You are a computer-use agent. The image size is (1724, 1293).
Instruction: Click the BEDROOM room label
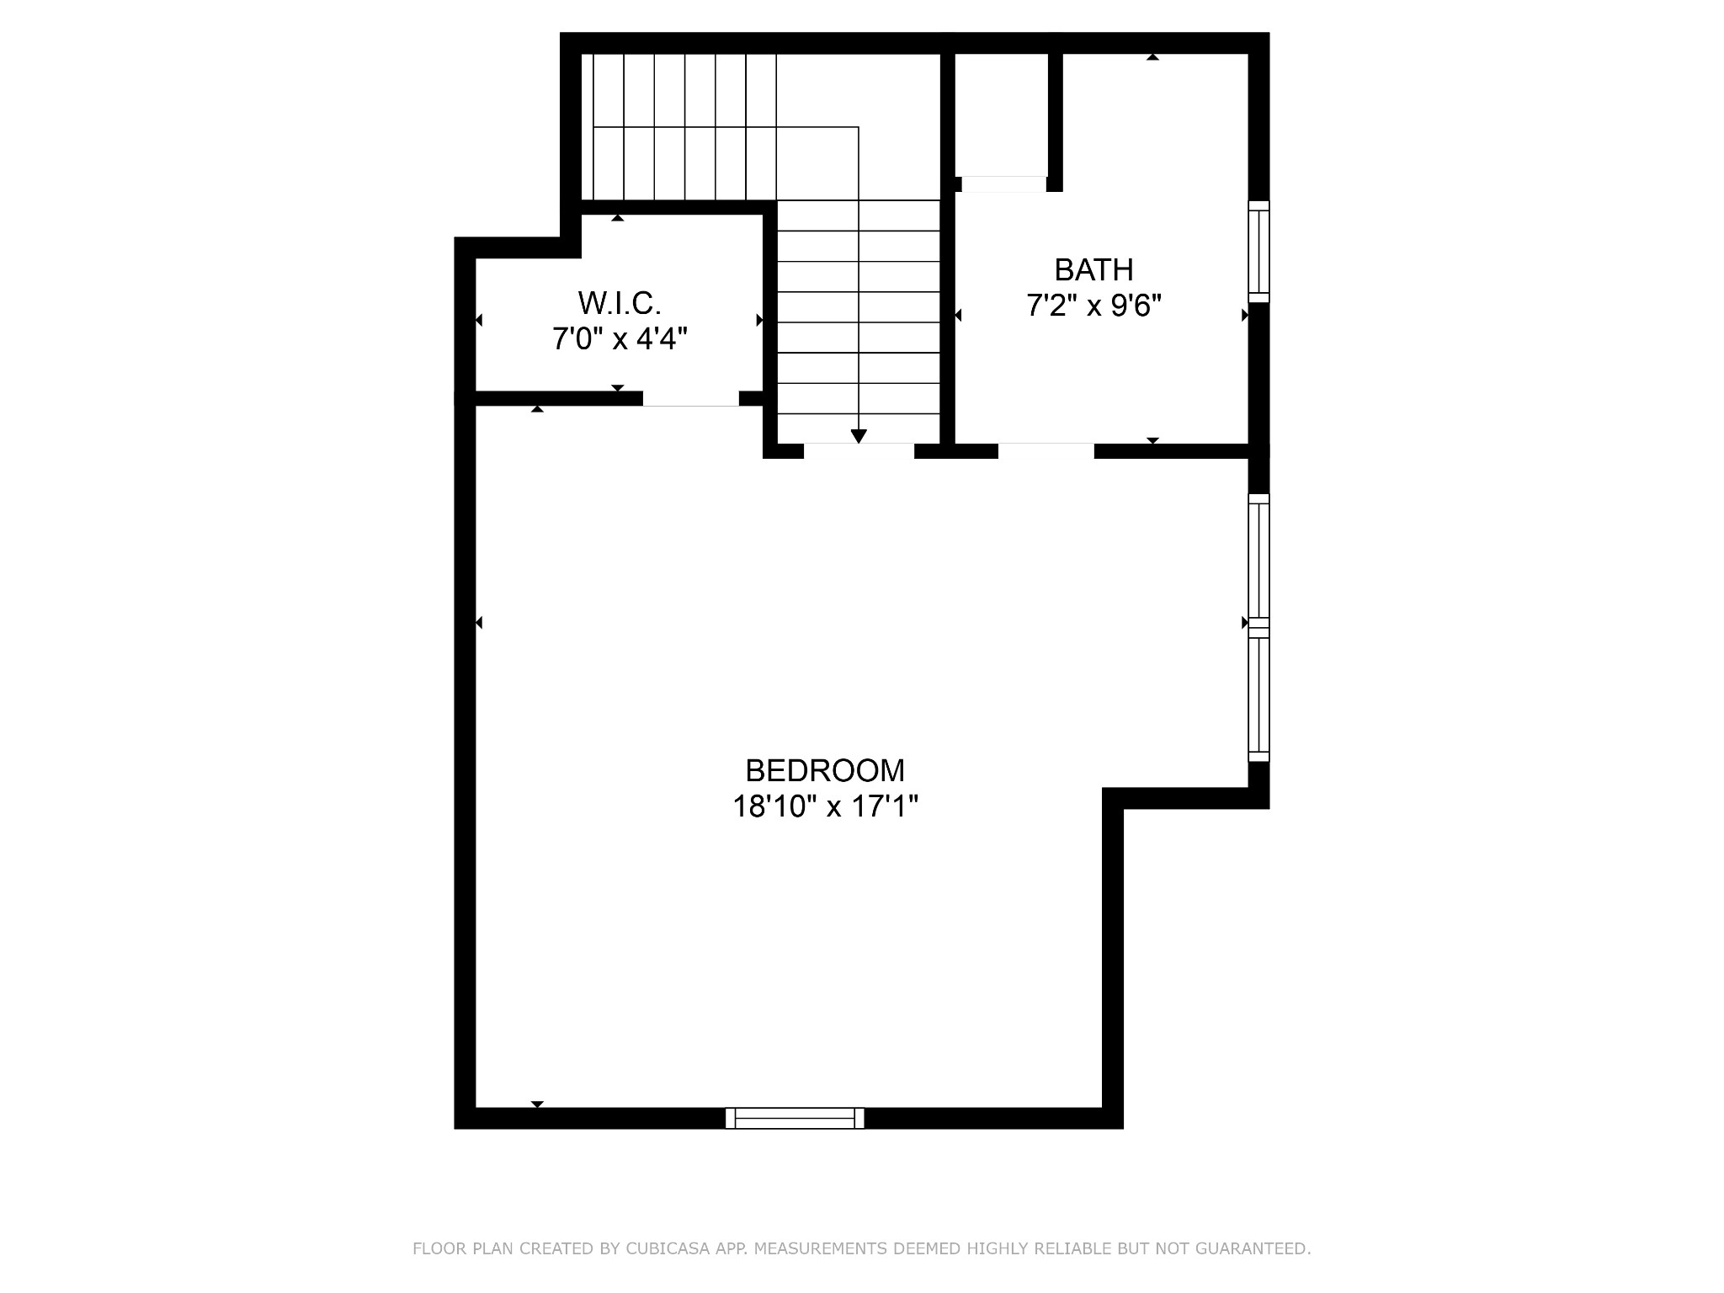click(825, 770)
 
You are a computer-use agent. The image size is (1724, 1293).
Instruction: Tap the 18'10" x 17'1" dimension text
click(825, 807)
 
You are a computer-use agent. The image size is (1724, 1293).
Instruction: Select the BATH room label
click(1093, 269)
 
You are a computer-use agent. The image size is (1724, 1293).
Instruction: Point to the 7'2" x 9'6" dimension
click(1093, 306)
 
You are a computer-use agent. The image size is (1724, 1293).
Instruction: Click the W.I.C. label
click(620, 301)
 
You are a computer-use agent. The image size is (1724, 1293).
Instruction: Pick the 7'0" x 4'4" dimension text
click(620, 338)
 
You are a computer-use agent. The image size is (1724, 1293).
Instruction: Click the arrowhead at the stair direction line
click(859, 436)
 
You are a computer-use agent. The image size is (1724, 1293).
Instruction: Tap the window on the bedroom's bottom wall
click(795, 1118)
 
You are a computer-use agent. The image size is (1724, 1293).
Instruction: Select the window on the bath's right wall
click(1258, 251)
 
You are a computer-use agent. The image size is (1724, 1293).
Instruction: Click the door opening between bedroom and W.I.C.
click(691, 399)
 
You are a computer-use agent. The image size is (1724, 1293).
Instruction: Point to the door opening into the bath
click(1046, 451)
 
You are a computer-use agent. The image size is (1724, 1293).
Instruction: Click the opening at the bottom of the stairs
click(859, 451)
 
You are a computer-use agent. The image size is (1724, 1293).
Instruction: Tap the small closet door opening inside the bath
click(1004, 184)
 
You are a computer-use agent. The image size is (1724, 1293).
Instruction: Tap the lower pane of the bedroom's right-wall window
click(1258, 694)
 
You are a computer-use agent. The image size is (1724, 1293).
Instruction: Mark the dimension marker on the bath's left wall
click(958, 315)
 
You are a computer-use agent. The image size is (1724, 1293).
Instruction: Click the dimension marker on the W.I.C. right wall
click(759, 320)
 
